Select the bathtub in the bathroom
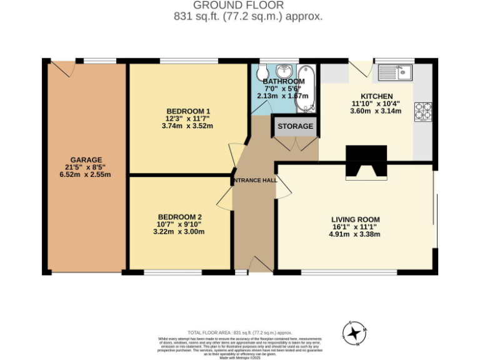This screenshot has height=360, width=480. pyautogui.click(x=306, y=87)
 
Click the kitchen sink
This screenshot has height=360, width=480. pyautogui.click(x=394, y=72)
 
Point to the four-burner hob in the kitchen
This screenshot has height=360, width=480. pyautogui.click(x=423, y=111)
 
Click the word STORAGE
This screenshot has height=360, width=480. pyautogui.click(x=295, y=126)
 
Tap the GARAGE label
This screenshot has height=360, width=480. pyautogui.click(x=86, y=160)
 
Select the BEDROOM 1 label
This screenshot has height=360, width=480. pyautogui.click(x=187, y=111)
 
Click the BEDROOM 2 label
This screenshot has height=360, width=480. pyautogui.click(x=179, y=217)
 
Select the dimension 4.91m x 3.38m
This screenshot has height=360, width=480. pyautogui.click(x=354, y=234)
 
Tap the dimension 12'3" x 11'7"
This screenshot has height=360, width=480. pyautogui.click(x=187, y=118)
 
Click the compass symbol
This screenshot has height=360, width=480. pyautogui.click(x=354, y=332)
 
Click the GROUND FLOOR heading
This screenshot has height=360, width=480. pyautogui.click(x=248, y=6)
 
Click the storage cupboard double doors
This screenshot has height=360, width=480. pyautogui.click(x=295, y=143)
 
